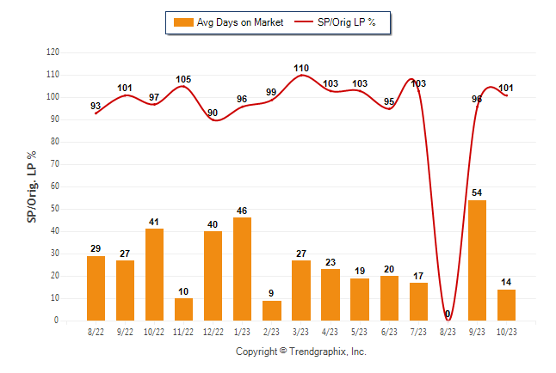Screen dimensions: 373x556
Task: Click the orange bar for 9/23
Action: point(477,260)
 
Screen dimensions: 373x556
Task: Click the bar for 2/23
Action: point(271,310)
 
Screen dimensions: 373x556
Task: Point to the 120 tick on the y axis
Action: point(53,52)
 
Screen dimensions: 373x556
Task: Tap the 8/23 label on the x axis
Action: point(448,332)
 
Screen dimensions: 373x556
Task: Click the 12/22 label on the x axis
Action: point(213,332)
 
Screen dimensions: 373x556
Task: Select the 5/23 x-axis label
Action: point(359,332)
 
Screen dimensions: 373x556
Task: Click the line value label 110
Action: point(301,67)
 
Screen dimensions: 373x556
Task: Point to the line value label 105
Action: point(183,79)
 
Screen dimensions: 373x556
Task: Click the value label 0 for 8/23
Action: point(448,315)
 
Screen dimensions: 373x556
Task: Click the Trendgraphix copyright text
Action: point(301,352)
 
